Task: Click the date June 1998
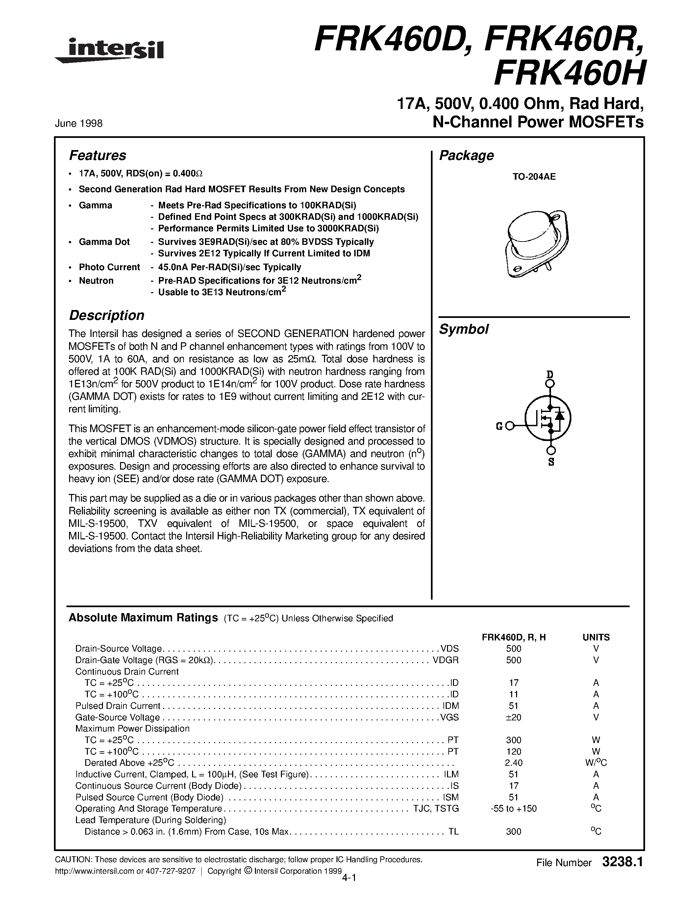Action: pos(78,123)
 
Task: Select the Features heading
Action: pos(97,155)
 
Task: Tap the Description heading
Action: pos(107,315)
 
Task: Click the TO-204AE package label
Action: pos(534,176)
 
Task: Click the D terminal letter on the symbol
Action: pos(550,375)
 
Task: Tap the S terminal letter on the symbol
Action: pos(551,462)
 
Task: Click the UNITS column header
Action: pos(596,637)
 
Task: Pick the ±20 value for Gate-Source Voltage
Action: pos(513,717)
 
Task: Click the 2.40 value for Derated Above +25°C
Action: pos(513,763)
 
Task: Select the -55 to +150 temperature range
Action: pos(513,809)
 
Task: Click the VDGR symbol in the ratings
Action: pos(446,660)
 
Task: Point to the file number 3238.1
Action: pos(622,862)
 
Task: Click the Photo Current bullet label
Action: pos(109,267)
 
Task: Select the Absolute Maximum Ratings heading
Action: pos(143,618)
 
